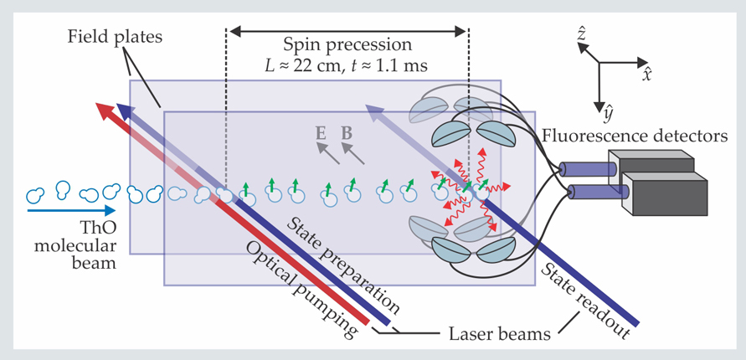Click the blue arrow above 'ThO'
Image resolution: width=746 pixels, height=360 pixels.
(63, 211)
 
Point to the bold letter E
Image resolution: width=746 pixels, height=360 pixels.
(321, 131)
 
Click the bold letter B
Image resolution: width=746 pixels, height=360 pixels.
(347, 131)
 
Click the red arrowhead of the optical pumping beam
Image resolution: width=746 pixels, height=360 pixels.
(104, 110)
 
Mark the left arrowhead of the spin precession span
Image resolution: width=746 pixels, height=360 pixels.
(235, 31)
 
